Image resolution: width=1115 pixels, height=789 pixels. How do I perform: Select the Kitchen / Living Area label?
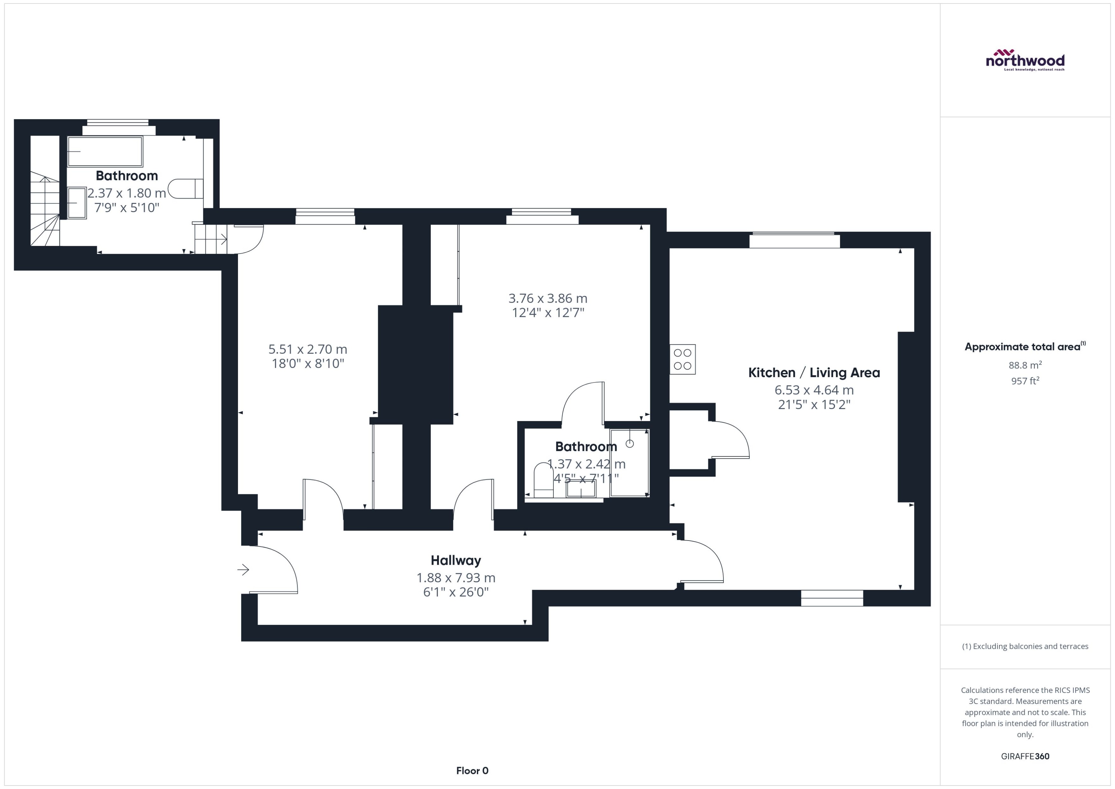pyautogui.click(x=814, y=373)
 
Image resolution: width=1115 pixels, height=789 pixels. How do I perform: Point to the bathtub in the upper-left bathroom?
pyautogui.click(x=105, y=152)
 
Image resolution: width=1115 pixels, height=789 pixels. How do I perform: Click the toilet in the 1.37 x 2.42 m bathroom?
pyautogui.click(x=543, y=480)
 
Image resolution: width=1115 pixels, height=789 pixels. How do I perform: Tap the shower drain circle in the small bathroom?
pyautogui.click(x=629, y=444)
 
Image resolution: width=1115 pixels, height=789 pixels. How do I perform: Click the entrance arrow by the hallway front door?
pyautogui.click(x=243, y=570)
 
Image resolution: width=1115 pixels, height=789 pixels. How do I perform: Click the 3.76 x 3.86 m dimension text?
pyautogui.click(x=548, y=298)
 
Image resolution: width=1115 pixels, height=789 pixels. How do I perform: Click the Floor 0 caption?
pyautogui.click(x=472, y=771)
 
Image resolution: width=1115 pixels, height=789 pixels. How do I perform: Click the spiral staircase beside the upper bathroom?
pyautogui.click(x=45, y=209)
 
